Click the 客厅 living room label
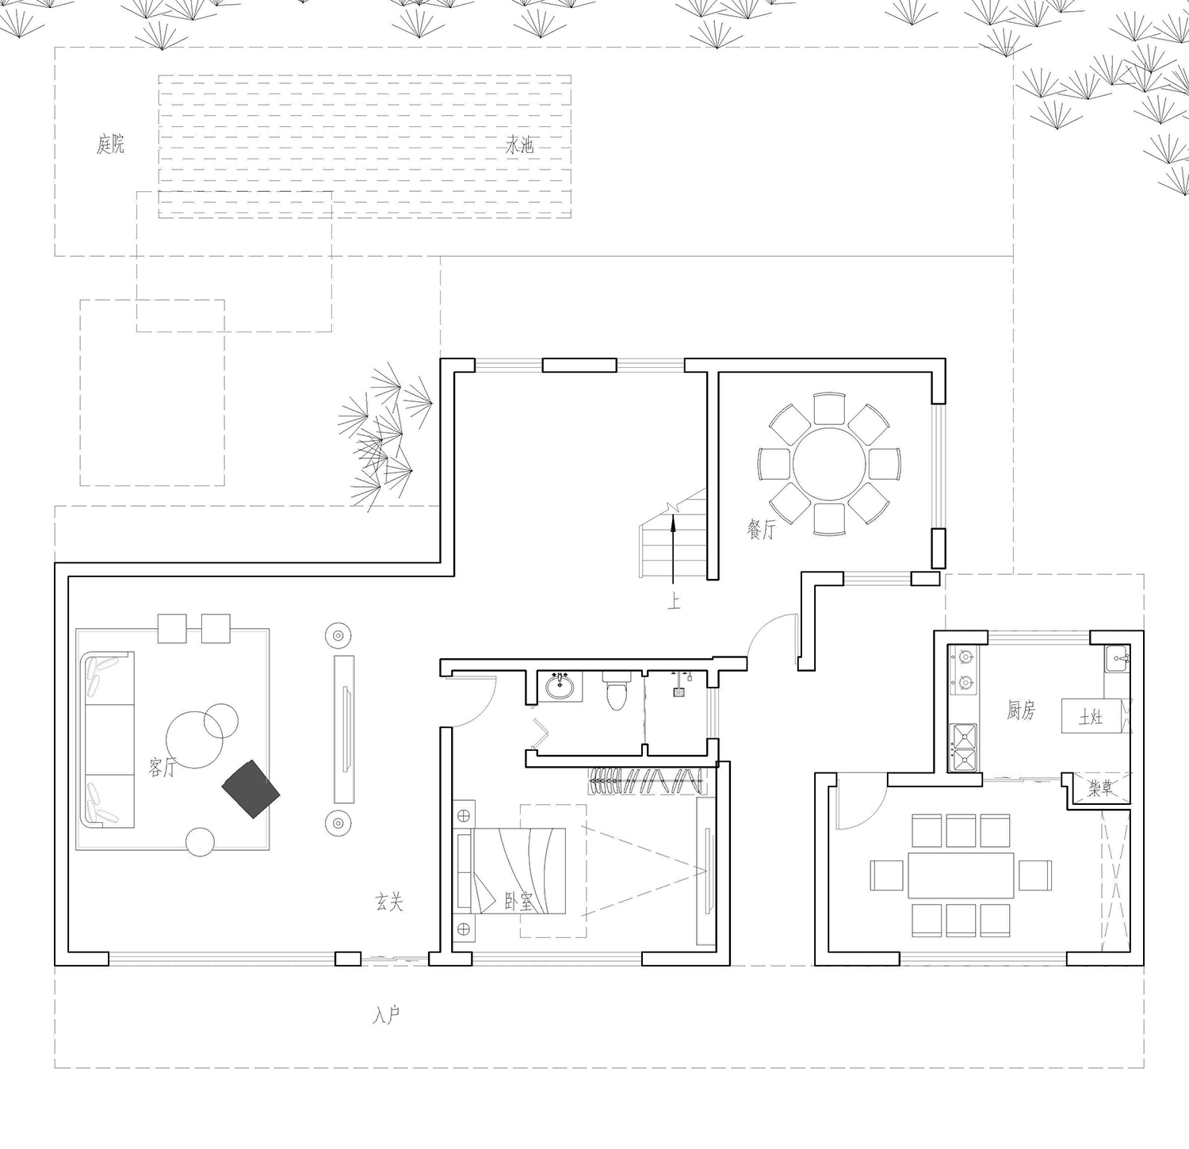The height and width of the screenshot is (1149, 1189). tap(162, 766)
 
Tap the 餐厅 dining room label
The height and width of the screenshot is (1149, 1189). tap(760, 529)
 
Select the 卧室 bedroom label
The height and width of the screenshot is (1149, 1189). tap(518, 902)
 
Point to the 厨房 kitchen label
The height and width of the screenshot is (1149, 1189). tap(1021, 710)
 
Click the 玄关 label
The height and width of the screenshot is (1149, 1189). tap(389, 902)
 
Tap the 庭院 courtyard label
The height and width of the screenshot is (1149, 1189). tap(110, 144)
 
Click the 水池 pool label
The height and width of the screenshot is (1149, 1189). tap(520, 145)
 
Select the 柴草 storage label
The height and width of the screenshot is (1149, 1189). tap(1099, 788)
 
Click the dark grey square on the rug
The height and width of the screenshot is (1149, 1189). tap(251, 789)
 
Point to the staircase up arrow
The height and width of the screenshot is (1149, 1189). tap(672, 551)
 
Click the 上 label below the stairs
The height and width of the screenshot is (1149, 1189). tap(674, 603)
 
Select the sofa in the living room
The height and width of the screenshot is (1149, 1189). tap(107, 740)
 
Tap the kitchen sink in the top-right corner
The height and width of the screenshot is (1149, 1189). tap(1118, 658)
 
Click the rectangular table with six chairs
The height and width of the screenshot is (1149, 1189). tap(961, 875)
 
